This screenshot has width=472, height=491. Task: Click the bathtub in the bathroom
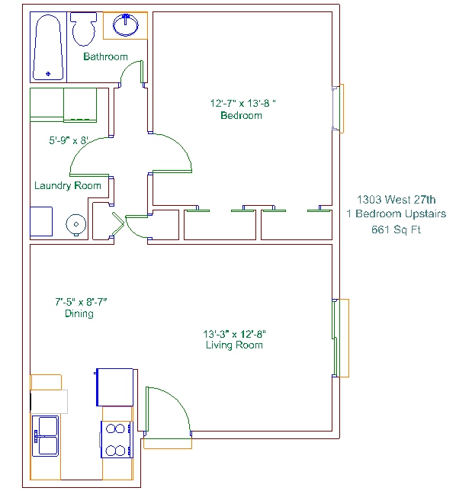tap(48, 47)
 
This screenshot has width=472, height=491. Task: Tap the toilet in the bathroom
tap(83, 29)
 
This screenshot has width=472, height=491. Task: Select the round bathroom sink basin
tap(125, 24)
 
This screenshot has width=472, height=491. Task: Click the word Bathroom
tap(105, 56)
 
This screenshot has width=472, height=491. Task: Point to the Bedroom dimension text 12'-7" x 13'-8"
tap(242, 104)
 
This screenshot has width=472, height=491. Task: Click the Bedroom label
tap(241, 116)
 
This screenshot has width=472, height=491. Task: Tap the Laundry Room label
tap(68, 186)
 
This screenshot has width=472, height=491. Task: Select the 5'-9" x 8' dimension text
tap(69, 140)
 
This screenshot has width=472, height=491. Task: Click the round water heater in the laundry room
tap(75, 224)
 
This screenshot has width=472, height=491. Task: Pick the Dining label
tap(79, 313)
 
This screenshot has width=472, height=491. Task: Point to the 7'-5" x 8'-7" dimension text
tap(81, 302)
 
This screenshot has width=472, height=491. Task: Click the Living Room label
tap(234, 345)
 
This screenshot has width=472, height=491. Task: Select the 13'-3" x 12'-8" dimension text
tap(234, 334)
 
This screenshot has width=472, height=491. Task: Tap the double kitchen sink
tap(46, 436)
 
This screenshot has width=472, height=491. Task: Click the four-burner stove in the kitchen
tap(117, 440)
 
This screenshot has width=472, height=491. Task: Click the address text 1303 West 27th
tap(397, 200)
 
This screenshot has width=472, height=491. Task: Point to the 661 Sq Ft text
tap(396, 229)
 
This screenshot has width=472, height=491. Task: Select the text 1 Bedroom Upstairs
tap(397, 214)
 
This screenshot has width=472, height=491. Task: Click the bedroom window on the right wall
tap(338, 108)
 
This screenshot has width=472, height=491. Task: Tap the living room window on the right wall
tap(340, 339)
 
